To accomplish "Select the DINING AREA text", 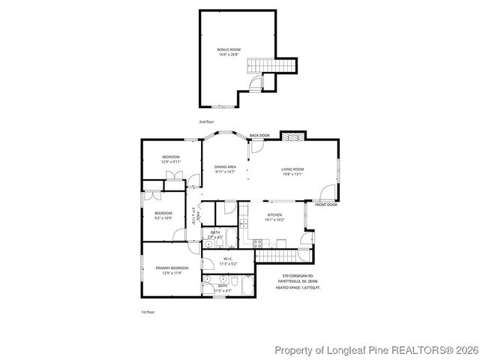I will click(x=225, y=166).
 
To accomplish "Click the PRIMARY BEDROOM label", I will click(x=172, y=268).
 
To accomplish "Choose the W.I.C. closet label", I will click(x=227, y=259).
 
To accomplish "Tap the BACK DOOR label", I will click(x=259, y=135).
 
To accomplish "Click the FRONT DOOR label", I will click(x=326, y=204).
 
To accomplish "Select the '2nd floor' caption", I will click(x=206, y=121).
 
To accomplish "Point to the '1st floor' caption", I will click(x=148, y=311).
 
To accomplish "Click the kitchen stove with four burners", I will click(x=258, y=241).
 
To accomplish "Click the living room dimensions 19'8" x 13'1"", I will click(x=292, y=174).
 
